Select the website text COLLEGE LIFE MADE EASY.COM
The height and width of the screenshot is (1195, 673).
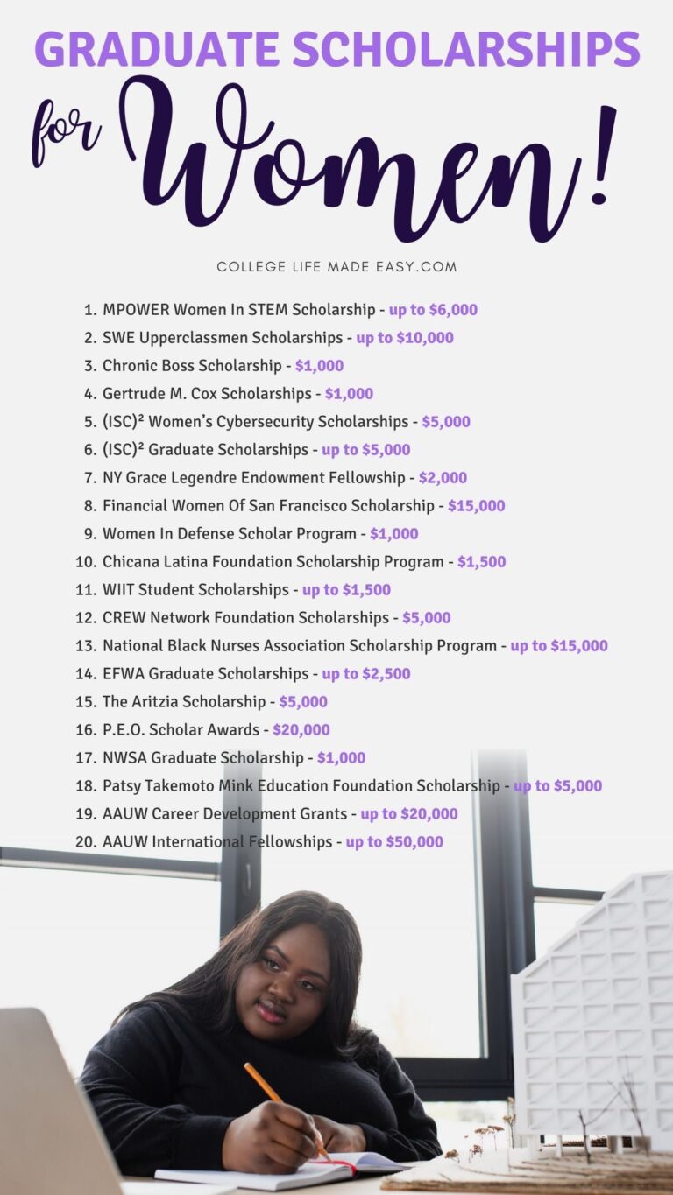pyautogui.click(x=336, y=266)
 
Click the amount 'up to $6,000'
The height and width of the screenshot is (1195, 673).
pyautogui.click(x=433, y=310)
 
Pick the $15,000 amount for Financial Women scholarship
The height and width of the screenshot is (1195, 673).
pyautogui.click(x=476, y=506)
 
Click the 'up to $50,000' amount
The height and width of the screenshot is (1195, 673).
pyautogui.click(x=394, y=842)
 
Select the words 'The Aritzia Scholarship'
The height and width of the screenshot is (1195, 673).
pyautogui.click(x=184, y=702)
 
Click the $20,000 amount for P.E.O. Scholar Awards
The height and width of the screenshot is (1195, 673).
pyautogui.click(x=301, y=730)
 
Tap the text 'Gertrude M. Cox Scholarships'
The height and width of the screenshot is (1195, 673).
pyautogui.click(x=207, y=394)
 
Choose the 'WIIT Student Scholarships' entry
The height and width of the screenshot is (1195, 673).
pyautogui.click(x=195, y=590)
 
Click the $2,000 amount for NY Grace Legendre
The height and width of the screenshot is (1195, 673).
pyautogui.click(x=443, y=478)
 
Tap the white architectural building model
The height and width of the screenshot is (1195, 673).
pyautogui.click(x=596, y=1007)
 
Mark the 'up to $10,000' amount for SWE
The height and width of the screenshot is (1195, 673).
pyautogui.click(x=405, y=338)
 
